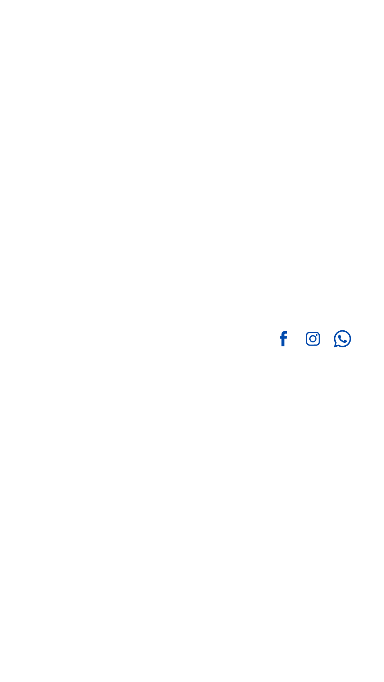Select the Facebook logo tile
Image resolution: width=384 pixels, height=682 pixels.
(x=283, y=339)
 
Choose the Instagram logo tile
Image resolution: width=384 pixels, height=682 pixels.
(x=313, y=339)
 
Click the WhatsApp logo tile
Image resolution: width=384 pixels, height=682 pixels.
(x=342, y=339)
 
